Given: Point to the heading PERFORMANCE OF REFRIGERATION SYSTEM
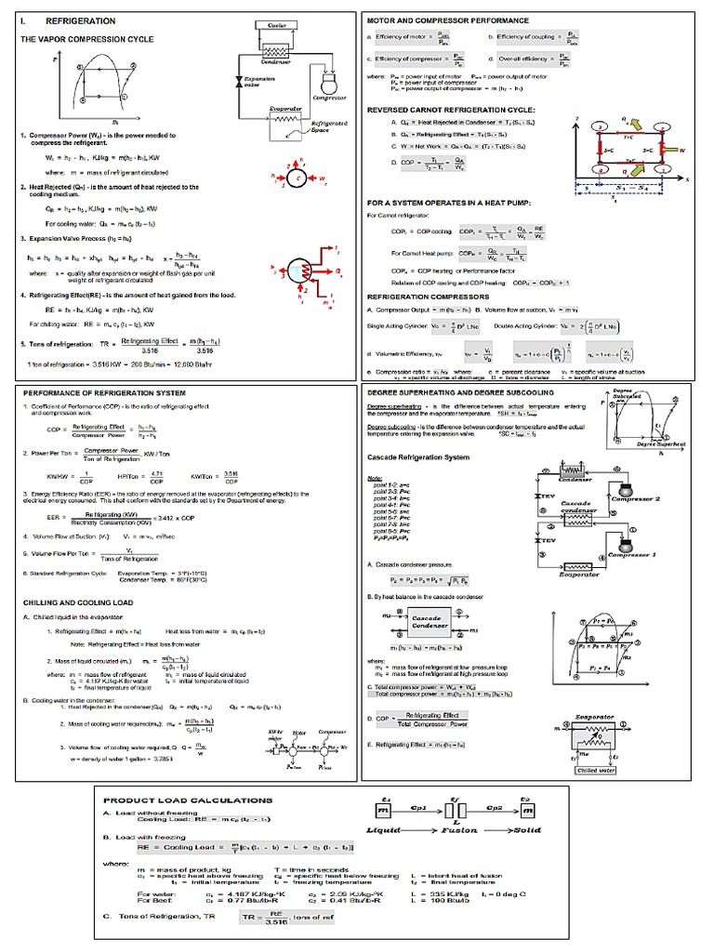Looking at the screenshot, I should [104, 393].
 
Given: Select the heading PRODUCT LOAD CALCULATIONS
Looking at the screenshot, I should [188, 800].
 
